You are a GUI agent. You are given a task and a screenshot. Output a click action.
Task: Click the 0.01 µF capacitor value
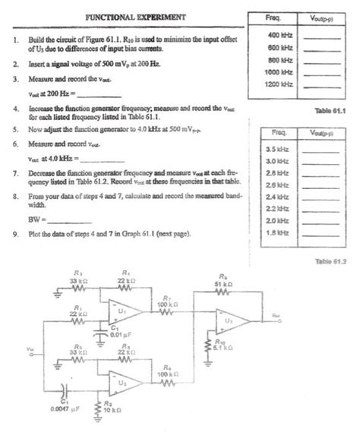[113, 336]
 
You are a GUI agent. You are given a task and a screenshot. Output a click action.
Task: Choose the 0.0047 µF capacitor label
[60, 410]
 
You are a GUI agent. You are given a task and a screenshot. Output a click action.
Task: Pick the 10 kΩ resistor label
[112, 410]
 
